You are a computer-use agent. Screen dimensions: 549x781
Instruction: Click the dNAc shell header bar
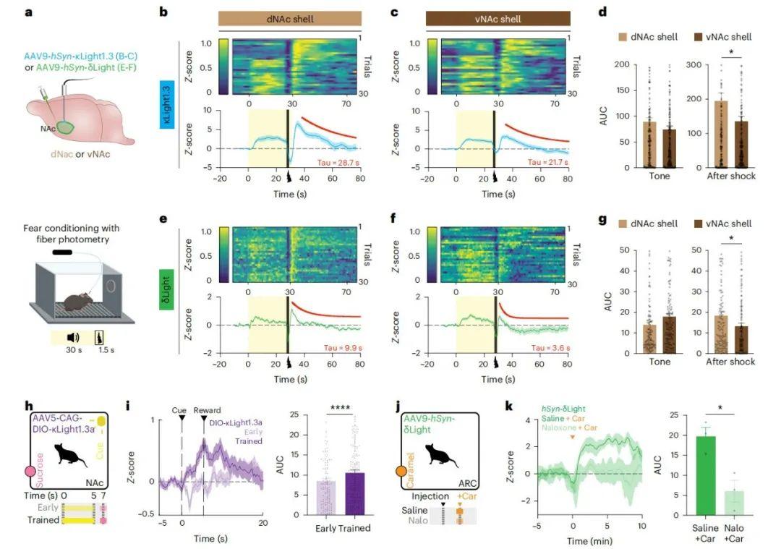point(290,20)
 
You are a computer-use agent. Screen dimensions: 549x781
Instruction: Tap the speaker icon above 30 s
point(73,337)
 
